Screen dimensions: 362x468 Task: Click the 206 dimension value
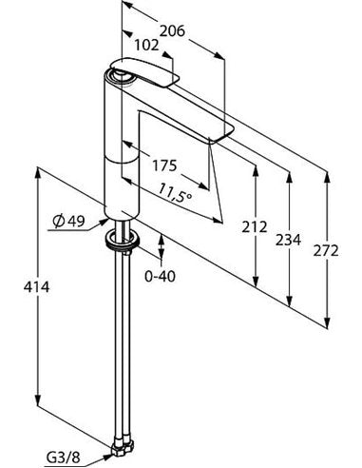[172, 31]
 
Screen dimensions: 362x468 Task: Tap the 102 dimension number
[146, 46]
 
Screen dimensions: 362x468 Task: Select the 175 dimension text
[164, 166]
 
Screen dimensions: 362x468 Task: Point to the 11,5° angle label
[175, 193]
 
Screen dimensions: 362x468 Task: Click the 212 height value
[255, 227]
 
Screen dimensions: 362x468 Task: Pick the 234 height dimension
[288, 240]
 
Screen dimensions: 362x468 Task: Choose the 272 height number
[326, 251]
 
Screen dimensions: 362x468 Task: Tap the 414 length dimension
[37, 287]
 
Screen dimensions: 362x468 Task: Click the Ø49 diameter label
[69, 221]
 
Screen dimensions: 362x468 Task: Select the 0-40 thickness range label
[160, 277]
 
